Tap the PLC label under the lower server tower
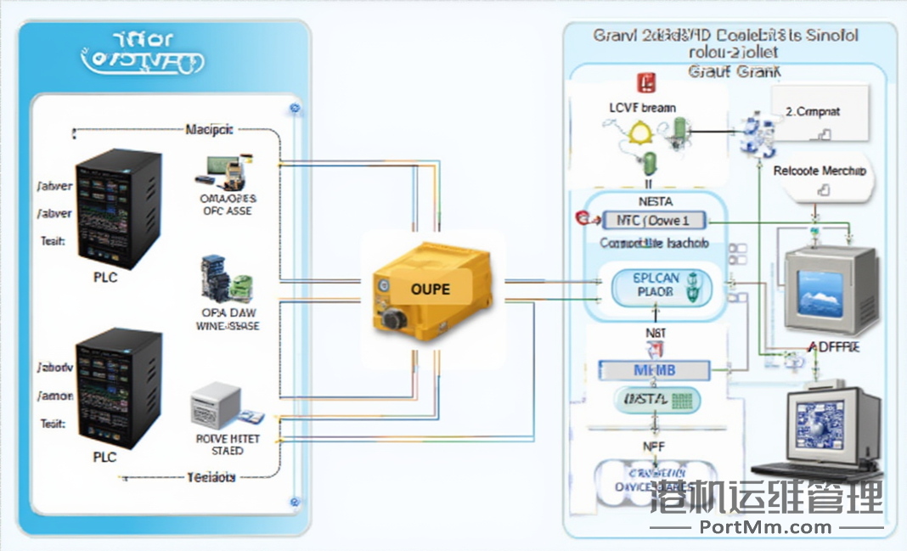point(104,456)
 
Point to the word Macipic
point(209,130)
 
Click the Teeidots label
point(211,477)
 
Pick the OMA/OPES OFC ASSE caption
point(227,205)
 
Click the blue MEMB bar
point(654,370)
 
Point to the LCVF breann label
point(643,108)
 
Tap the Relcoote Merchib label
point(820,171)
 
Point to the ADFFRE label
point(831,347)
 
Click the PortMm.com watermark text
point(765,527)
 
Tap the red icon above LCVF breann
point(645,83)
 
